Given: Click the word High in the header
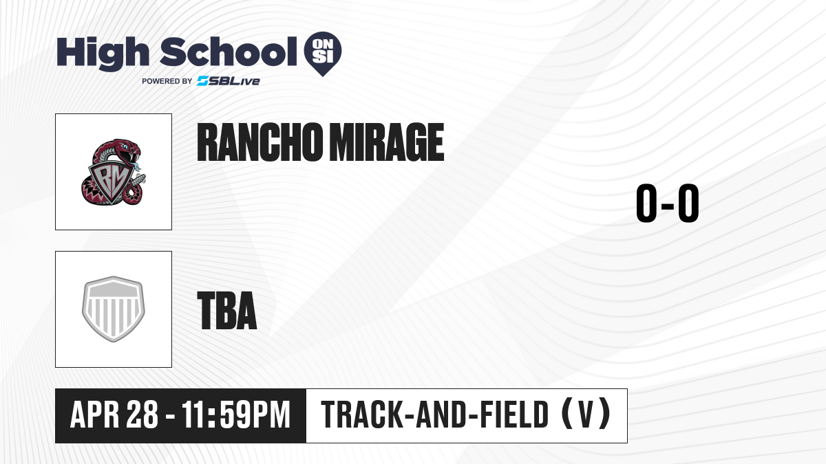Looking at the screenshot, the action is click(103, 54).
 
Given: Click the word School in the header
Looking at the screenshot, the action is click(229, 52).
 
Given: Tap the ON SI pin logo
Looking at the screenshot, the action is click(323, 54).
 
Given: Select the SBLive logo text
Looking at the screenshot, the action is click(229, 81).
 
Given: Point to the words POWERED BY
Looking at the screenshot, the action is click(167, 81).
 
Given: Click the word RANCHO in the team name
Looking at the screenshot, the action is click(260, 142).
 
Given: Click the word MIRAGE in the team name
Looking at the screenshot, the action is click(387, 142).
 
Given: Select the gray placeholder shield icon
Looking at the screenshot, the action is click(114, 309).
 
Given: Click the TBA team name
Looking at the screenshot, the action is click(227, 311).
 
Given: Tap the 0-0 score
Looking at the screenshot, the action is click(668, 203).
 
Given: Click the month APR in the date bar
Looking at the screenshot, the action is click(95, 415).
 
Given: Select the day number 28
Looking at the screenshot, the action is click(142, 415).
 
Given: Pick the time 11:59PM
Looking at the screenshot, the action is click(236, 415).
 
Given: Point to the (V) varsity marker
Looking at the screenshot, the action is click(586, 414).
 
